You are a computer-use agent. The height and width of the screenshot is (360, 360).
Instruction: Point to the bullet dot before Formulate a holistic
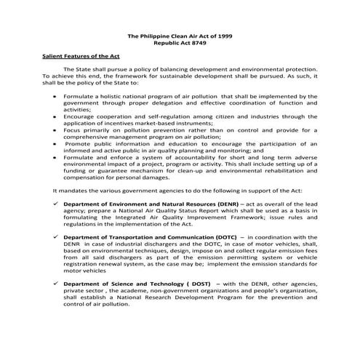tap(56, 95)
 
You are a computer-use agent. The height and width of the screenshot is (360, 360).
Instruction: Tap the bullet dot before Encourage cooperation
tap(56, 116)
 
